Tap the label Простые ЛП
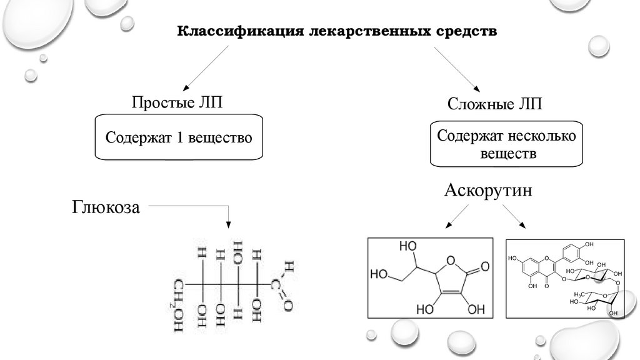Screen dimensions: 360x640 176,102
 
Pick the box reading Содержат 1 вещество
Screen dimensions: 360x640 178,137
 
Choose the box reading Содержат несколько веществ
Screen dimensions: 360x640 508,144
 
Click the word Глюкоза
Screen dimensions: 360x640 106,207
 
